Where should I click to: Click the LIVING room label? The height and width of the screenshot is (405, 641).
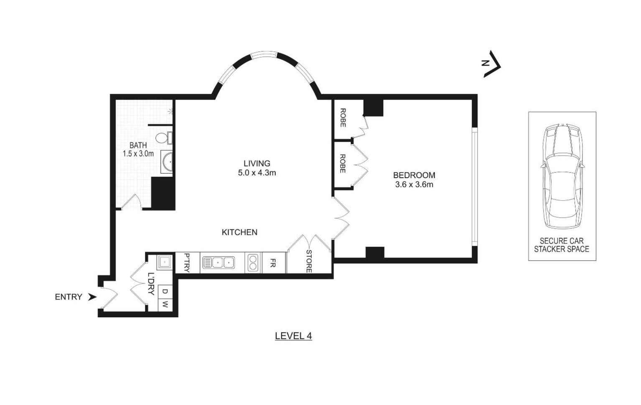tap(257, 163)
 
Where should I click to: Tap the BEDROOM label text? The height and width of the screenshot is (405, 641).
tap(414, 175)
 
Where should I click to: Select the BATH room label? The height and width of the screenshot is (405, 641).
tap(138, 145)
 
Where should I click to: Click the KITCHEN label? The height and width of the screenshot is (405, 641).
tap(239, 232)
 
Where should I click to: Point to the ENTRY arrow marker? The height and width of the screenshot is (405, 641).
tap(92, 297)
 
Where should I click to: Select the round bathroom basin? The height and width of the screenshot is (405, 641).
tap(167, 162)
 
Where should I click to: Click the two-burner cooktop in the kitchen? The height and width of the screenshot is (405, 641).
tap(253, 263)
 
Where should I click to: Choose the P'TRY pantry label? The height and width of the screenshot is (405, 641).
tap(186, 263)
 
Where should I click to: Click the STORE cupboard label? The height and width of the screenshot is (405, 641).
tap(309, 261)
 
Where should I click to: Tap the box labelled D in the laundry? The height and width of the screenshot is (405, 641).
tap(165, 291)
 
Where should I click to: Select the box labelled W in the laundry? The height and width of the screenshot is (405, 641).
tap(165, 305)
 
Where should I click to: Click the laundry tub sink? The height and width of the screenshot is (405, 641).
tap(164, 262)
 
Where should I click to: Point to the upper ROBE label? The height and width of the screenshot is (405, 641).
tap(343, 118)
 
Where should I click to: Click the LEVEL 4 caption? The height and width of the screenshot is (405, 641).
tap(293, 336)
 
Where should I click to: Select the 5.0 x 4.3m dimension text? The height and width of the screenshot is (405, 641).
tap(257, 173)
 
